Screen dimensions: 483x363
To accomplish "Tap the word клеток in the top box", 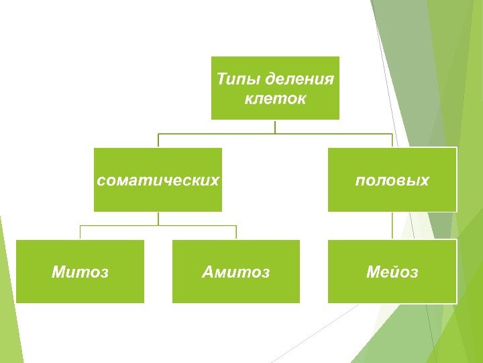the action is pyautogui.click(x=275, y=99).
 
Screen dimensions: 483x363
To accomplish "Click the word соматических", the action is pyautogui.click(x=158, y=180).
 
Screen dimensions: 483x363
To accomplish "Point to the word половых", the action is pyautogui.click(x=392, y=180).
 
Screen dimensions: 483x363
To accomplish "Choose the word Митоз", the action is pyautogui.click(x=80, y=272).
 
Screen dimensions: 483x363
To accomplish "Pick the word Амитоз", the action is pyautogui.click(x=236, y=272).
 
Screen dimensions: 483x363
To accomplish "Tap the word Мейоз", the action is pyautogui.click(x=392, y=272).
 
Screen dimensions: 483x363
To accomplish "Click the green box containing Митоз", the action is pyautogui.click(x=80, y=289).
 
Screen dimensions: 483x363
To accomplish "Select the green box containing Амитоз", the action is pyautogui.click(x=236, y=289).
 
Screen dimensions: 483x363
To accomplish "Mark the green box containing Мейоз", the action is pyautogui.click(x=392, y=289).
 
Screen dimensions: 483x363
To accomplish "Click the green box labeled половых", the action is pyautogui.click(x=392, y=198).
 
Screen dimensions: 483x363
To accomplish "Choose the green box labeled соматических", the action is pyautogui.click(x=158, y=198).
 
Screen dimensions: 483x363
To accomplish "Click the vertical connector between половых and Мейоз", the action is pyautogui.click(x=392, y=225).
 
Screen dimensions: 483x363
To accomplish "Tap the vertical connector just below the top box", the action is pyautogui.click(x=275, y=126).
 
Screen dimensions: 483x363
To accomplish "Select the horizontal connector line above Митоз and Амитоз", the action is pyautogui.click(x=158, y=226).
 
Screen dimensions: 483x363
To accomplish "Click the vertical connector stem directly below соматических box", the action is pyautogui.click(x=158, y=218).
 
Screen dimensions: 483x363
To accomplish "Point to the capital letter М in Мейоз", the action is pyautogui.click(x=372, y=272).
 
